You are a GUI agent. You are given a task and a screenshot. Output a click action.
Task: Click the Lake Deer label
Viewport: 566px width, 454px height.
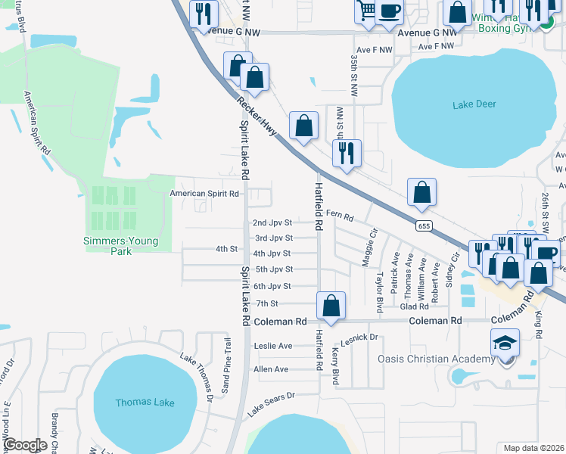(x=474, y=104)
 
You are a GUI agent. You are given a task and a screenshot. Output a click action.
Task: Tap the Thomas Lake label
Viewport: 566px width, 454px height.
(x=145, y=403)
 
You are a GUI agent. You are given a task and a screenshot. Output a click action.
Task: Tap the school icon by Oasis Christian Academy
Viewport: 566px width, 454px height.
(x=505, y=344)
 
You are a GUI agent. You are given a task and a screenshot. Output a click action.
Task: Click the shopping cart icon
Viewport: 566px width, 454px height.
(x=366, y=11)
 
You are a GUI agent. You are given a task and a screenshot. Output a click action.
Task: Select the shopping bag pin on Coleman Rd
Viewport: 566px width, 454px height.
(x=331, y=306)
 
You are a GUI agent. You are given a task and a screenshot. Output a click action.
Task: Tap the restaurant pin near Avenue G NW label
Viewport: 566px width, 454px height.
(x=204, y=14)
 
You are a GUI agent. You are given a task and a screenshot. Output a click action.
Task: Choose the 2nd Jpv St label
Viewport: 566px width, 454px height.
(x=272, y=222)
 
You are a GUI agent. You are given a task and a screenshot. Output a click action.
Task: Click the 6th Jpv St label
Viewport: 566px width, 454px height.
(x=272, y=286)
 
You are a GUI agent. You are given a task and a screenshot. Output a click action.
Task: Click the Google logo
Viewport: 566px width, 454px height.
(x=26, y=445)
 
